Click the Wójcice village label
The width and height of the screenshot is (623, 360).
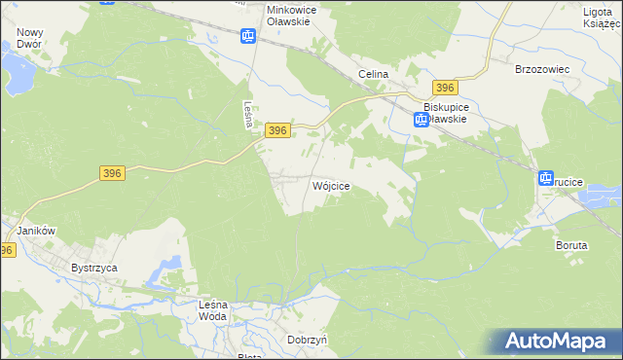330,185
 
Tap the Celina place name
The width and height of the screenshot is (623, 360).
373,74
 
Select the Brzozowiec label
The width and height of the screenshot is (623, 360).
541,70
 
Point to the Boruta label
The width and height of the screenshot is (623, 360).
571,245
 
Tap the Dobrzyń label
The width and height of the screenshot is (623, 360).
307,340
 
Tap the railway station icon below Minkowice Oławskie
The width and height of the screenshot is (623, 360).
248,37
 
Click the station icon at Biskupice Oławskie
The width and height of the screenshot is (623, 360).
421,120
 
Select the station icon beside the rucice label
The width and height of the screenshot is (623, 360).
545,178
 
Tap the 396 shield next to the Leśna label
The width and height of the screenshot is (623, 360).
277,130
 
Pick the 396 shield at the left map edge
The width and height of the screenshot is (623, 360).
7,250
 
